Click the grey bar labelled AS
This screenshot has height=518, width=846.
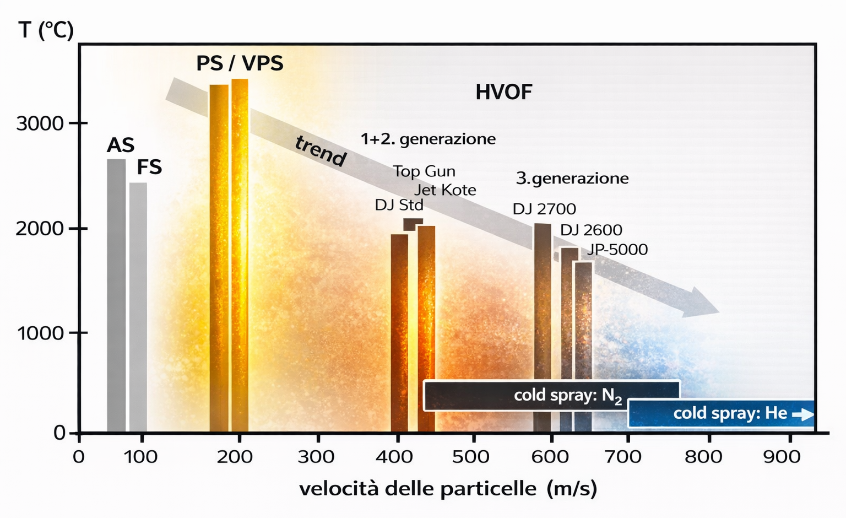[x=116, y=295]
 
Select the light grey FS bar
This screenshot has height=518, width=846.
[x=138, y=306]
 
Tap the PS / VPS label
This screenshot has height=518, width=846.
[x=240, y=63]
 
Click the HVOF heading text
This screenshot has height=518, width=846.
[x=503, y=92]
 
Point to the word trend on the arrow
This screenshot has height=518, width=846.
[x=321, y=150]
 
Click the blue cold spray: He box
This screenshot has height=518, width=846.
[x=720, y=413]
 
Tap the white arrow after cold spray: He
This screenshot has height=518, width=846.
[x=802, y=414]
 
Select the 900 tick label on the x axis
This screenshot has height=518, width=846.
[x=782, y=456]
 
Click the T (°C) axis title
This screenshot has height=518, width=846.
[x=46, y=30]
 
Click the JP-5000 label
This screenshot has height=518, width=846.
[x=617, y=250]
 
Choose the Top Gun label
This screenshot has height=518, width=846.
[x=424, y=171]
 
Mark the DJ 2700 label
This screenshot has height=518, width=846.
[x=544, y=209]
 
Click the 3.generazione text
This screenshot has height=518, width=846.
[x=572, y=178]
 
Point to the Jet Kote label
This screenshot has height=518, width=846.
[x=445, y=190]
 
